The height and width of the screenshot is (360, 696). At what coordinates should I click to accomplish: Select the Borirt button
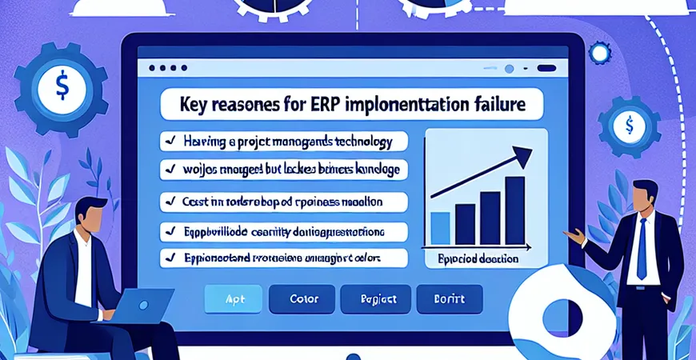(450, 298)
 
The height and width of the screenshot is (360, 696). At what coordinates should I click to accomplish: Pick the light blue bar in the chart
(440, 228)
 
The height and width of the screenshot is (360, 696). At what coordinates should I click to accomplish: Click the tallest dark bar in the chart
(515, 210)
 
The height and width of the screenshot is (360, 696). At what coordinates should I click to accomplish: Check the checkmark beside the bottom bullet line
(170, 258)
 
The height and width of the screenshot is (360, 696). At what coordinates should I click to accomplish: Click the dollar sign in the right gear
(630, 125)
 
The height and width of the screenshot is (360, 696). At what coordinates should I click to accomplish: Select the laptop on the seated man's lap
(146, 306)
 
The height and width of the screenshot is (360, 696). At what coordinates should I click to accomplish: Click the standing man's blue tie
(641, 247)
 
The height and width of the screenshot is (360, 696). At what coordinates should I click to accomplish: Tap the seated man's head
(94, 216)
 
